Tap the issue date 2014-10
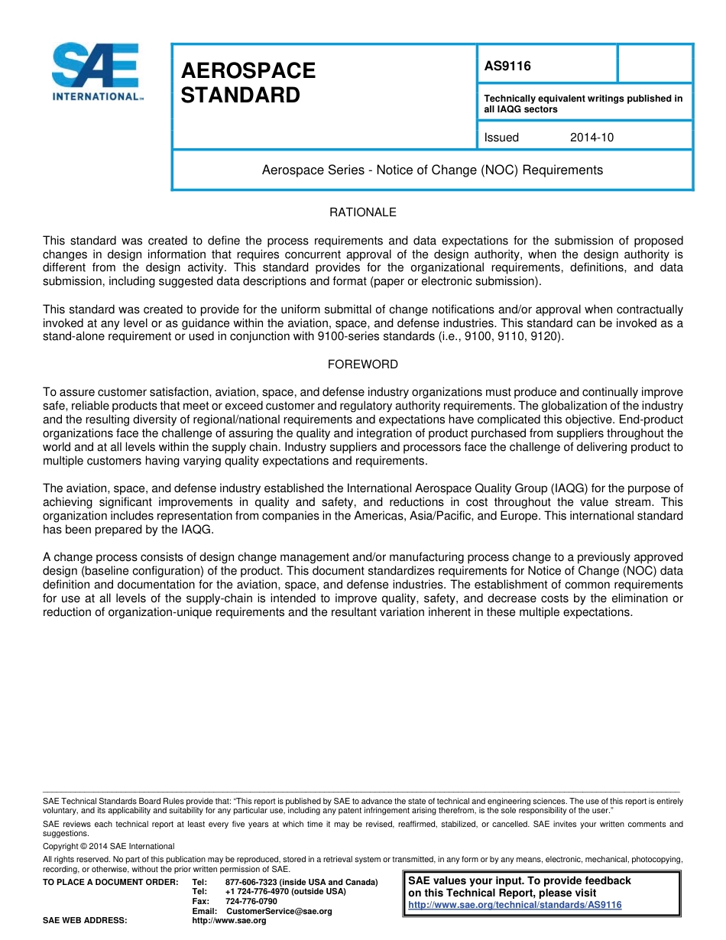591,138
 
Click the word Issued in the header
501,138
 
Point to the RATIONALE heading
362,212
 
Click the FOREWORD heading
362,365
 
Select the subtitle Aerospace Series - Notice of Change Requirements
432,170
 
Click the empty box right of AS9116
654,64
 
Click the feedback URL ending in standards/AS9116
515,905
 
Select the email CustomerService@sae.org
280,911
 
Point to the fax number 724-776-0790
251,901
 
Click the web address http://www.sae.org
228,921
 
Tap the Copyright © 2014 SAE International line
109,846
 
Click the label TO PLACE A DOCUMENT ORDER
110,882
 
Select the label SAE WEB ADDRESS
85,921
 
